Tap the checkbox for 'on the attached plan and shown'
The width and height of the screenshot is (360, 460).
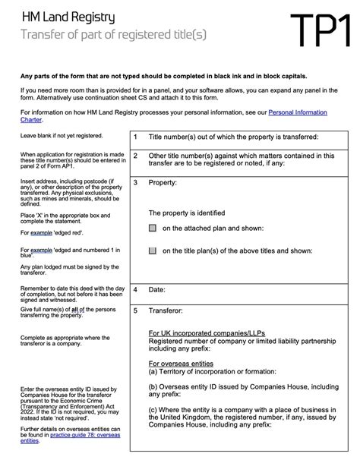point(153,228)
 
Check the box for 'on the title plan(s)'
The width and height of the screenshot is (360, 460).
point(153,250)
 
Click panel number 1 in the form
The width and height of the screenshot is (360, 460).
point(134,137)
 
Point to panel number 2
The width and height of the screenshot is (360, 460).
point(134,156)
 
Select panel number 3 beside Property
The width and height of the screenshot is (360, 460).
point(134,183)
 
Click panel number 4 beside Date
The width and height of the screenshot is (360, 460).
point(134,290)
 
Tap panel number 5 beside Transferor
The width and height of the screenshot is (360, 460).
point(134,310)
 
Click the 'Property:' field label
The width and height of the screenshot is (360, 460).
point(163,183)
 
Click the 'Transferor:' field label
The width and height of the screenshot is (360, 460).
point(168,310)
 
